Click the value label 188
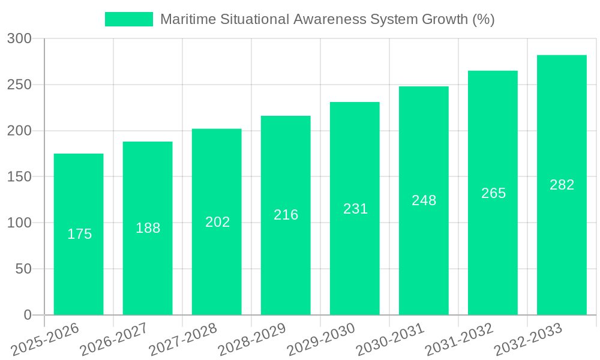point(148,228)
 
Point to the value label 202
point(217,222)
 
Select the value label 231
point(355,209)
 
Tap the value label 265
point(493,193)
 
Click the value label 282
point(562,185)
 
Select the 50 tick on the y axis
point(23,269)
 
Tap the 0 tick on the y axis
point(28,315)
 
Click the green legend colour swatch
point(129,19)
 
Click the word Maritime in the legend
point(185,19)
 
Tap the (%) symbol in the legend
point(483,19)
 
